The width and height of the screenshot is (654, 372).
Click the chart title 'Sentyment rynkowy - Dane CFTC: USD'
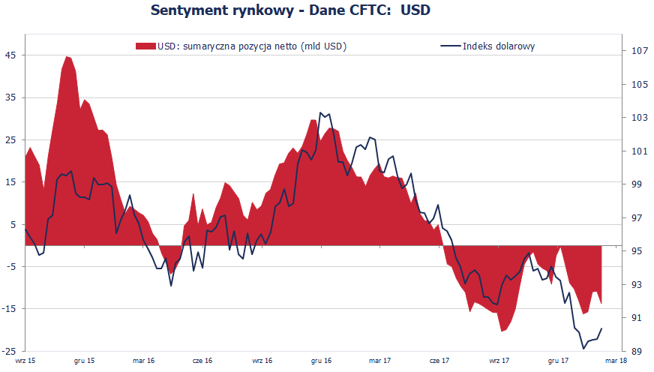[x=291, y=10]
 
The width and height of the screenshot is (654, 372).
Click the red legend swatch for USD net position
[x=145, y=46]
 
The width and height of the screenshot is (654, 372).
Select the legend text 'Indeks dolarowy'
[x=498, y=46]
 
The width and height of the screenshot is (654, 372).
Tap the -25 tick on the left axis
[x=10, y=351]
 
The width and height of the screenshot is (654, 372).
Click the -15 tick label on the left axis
[x=10, y=308]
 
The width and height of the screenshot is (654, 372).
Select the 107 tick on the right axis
[x=640, y=51]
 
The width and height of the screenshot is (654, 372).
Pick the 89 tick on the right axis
[x=637, y=351]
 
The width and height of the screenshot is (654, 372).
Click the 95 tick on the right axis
[x=637, y=251]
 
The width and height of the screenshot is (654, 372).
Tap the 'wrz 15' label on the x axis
[x=25, y=361]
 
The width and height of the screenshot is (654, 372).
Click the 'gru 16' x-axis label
[x=321, y=361]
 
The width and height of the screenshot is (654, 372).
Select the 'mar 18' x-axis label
[x=615, y=361]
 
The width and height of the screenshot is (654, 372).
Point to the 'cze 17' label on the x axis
[x=439, y=361]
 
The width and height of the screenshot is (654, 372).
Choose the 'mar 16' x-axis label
[x=144, y=361]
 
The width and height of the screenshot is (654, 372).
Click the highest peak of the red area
[x=67, y=56]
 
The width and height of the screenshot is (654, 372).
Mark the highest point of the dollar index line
[x=321, y=112]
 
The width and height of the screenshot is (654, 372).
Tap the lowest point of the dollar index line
[x=584, y=349]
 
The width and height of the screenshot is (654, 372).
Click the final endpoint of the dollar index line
[x=602, y=328]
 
